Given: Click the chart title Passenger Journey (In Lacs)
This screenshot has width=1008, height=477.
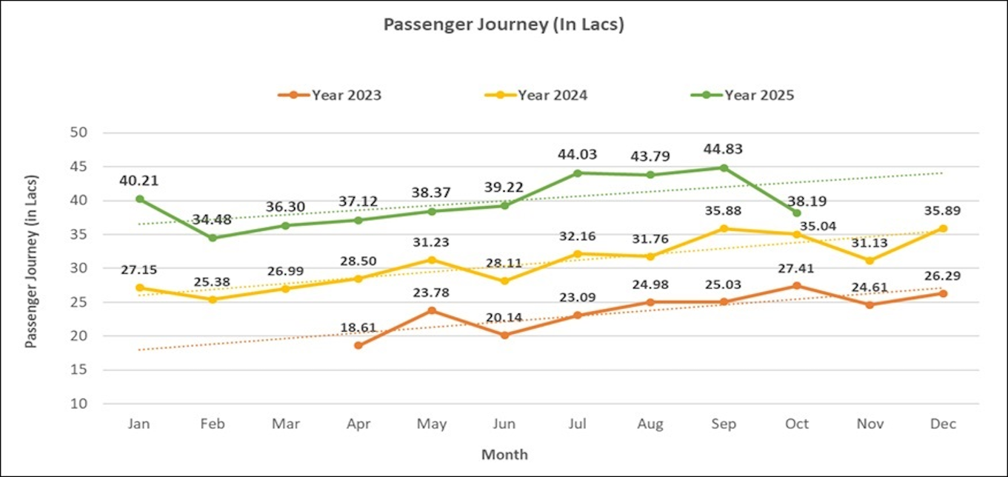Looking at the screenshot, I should point(504,24).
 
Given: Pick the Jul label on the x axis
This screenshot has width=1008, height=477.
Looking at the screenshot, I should point(578,424).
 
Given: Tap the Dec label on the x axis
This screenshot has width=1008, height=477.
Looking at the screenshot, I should point(944,424).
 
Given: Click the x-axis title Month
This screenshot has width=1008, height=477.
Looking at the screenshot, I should point(504,454).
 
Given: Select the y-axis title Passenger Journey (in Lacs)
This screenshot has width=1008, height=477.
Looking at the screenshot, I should point(31,261).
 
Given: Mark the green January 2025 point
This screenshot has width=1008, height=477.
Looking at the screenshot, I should point(139,199).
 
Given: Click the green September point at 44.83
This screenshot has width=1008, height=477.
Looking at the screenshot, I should point(724,167).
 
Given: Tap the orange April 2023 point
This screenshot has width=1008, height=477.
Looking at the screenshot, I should point(358,345).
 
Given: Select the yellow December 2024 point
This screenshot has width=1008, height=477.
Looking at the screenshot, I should point(943,228).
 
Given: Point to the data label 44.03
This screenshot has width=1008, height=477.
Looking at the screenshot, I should point(578,155).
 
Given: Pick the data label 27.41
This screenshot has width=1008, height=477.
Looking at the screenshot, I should point(797,267).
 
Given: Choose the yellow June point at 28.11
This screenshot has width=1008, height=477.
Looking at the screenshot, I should point(504,281).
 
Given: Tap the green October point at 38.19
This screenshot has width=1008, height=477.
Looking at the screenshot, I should point(797,213).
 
